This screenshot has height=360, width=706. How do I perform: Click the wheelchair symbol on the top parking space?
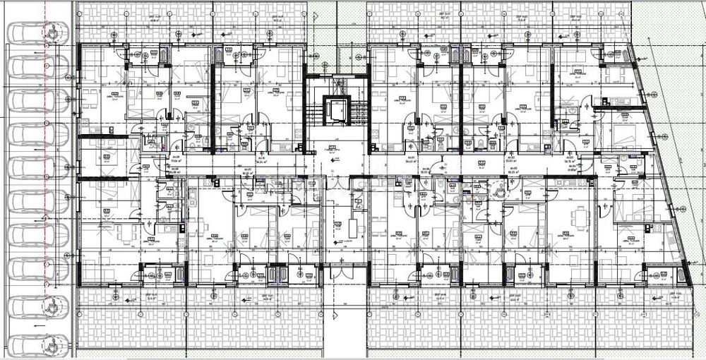click(x=53, y=32)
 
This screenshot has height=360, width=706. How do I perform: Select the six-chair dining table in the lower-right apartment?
click(x=579, y=217)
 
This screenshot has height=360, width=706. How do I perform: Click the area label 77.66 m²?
click(x=176, y=161)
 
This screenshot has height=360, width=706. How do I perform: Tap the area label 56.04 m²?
click(x=264, y=162)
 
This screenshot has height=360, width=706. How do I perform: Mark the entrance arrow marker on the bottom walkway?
click(x=246, y=299)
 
